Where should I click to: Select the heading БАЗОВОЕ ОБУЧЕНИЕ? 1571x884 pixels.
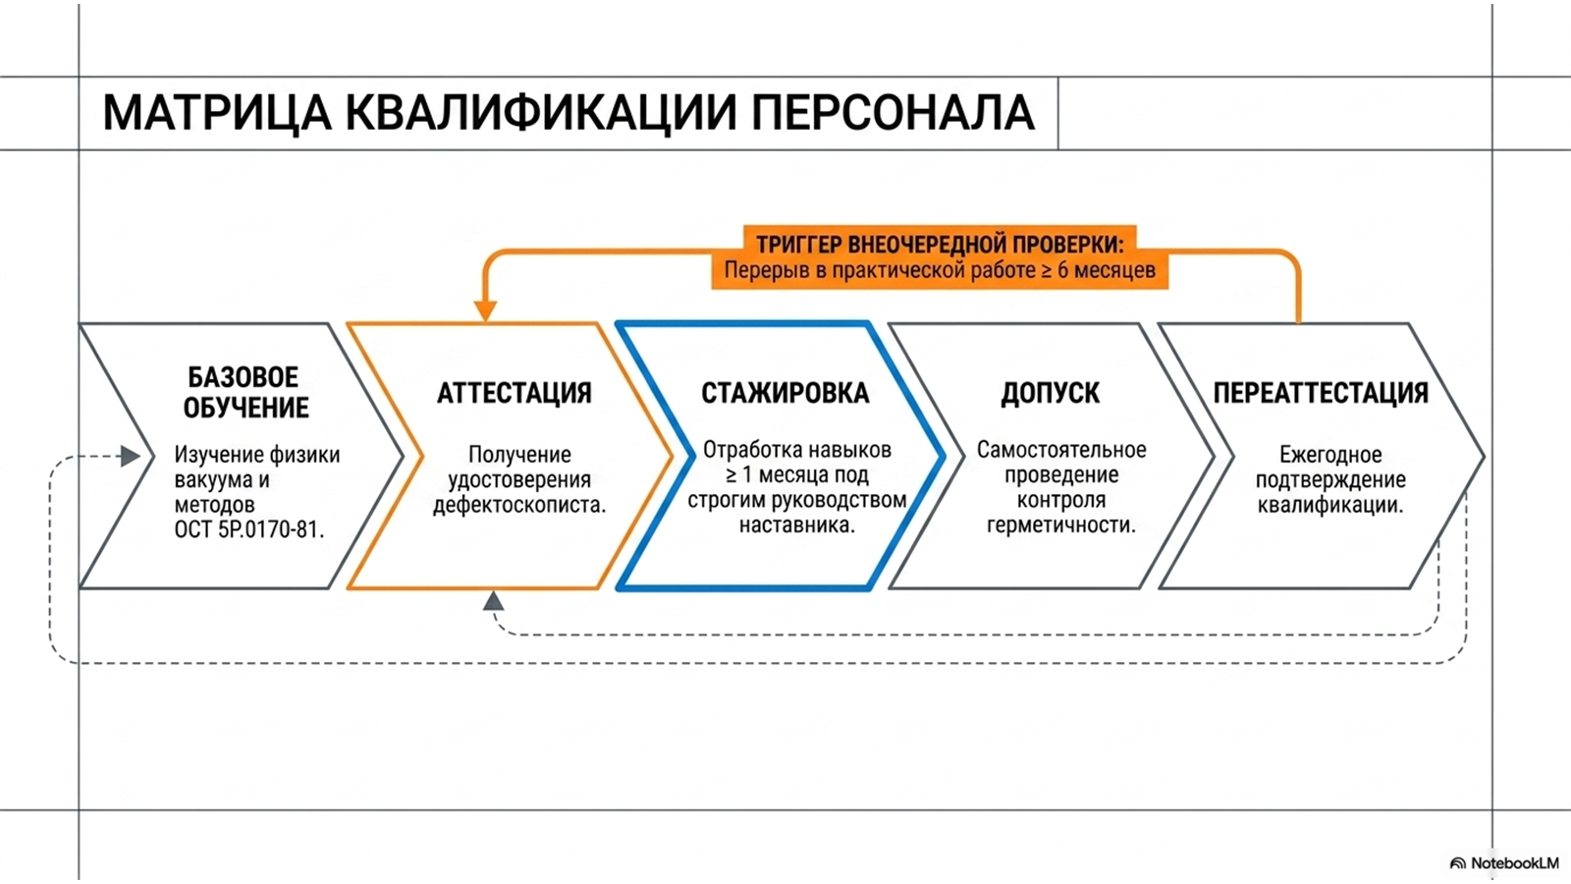point(245,392)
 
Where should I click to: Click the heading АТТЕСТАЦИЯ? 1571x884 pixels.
point(515,393)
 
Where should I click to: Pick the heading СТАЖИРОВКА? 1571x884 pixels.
point(785,393)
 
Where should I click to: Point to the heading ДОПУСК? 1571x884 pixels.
point(1050,393)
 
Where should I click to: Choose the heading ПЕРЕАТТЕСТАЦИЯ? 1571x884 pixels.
point(1321,393)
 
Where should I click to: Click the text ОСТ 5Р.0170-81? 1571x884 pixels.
point(249,529)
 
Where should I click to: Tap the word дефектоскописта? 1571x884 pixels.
point(519,505)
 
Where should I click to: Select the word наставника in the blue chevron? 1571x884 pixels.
point(796,525)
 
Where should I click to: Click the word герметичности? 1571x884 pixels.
point(1061,525)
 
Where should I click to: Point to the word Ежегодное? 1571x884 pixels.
point(1330,455)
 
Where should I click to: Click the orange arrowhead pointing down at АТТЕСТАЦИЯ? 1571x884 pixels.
point(485,310)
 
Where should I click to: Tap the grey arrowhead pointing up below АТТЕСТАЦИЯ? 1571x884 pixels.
point(493,600)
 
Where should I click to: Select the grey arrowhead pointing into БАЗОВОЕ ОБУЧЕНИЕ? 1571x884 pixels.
point(131,456)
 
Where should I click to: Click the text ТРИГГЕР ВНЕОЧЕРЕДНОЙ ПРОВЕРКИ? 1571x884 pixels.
point(939,245)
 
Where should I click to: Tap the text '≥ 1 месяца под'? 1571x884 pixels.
point(796,475)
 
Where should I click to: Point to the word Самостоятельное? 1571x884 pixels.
point(1061,450)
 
